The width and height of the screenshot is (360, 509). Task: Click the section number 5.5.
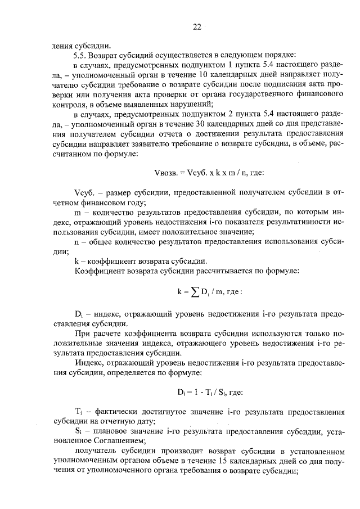(80, 55)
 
